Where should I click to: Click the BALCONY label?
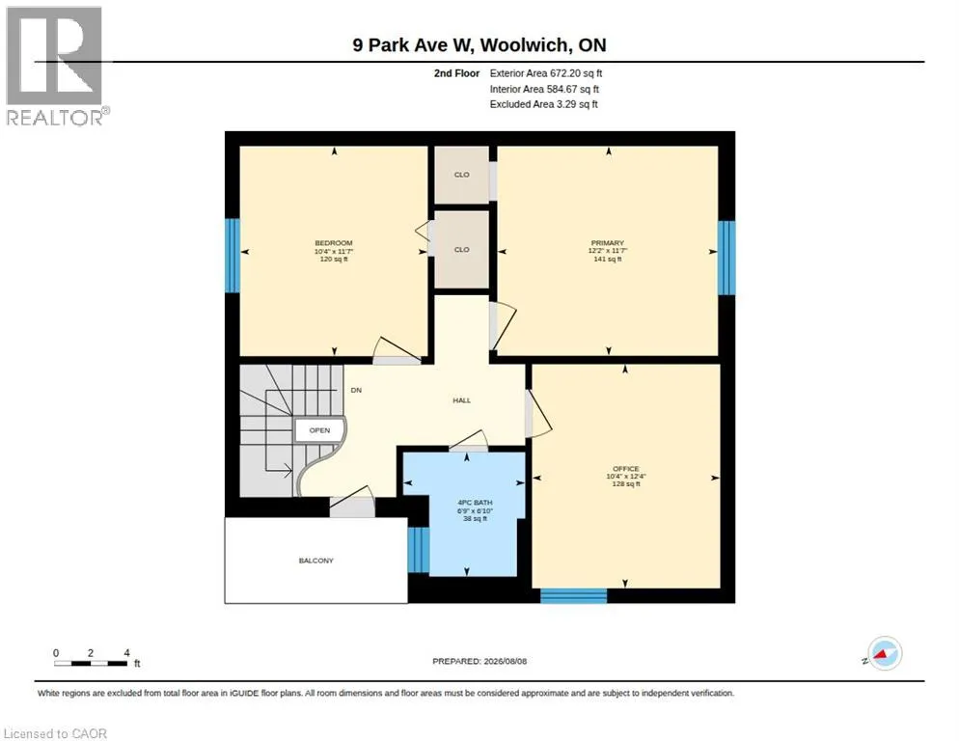pyautogui.click(x=316, y=561)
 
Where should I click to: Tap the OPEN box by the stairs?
pyautogui.click(x=319, y=430)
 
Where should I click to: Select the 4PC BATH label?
pyautogui.click(x=475, y=503)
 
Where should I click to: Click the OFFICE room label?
pyautogui.click(x=626, y=469)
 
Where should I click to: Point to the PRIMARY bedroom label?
pyautogui.click(x=607, y=243)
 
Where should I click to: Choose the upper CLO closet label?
pyautogui.click(x=462, y=175)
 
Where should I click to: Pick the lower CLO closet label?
pyautogui.click(x=462, y=250)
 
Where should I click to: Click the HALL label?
pyautogui.click(x=462, y=400)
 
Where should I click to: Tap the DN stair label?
pyautogui.click(x=356, y=390)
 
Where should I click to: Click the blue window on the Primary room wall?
pyautogui.click(x=726, y=258)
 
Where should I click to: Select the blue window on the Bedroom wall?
pyautogui.click(x=233, y=255)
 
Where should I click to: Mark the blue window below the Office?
pyautogui.click(x=574, y=596)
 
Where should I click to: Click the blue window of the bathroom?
pyautogui.click(x=419, y=549)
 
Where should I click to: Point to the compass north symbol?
pyautogui.click(x=885, y=653)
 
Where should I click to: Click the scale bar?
pyautogui.click(x=91, y=663)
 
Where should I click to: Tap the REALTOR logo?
pyautogui.click(x=56, y=66)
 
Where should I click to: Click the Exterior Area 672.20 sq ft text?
pyautogui.click(x=545, y=73)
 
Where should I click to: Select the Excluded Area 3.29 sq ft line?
pyautogui.click(x=544, y=104)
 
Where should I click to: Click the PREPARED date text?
pyautogui.click(x=479, y=661)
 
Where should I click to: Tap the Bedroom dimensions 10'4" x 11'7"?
pyautogui.click(x=334, y=251)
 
